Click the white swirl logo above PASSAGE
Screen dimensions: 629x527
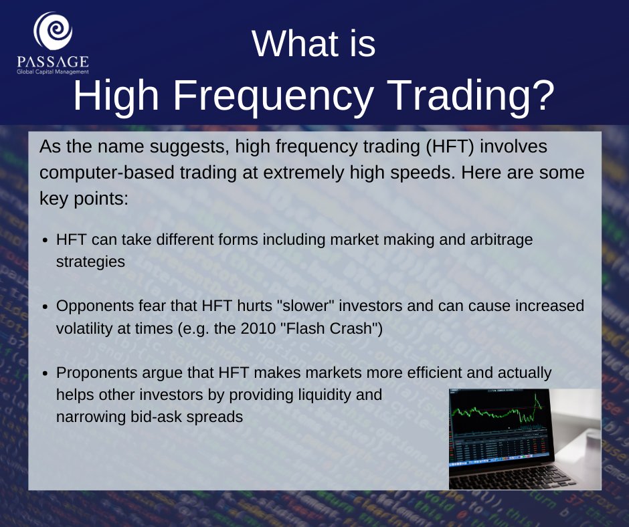click(x=53, y=31)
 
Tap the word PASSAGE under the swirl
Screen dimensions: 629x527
click(x=53, y=62)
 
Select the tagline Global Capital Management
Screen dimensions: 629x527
click(x=53, y=72)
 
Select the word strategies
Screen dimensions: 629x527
click(x=90, y=262)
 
